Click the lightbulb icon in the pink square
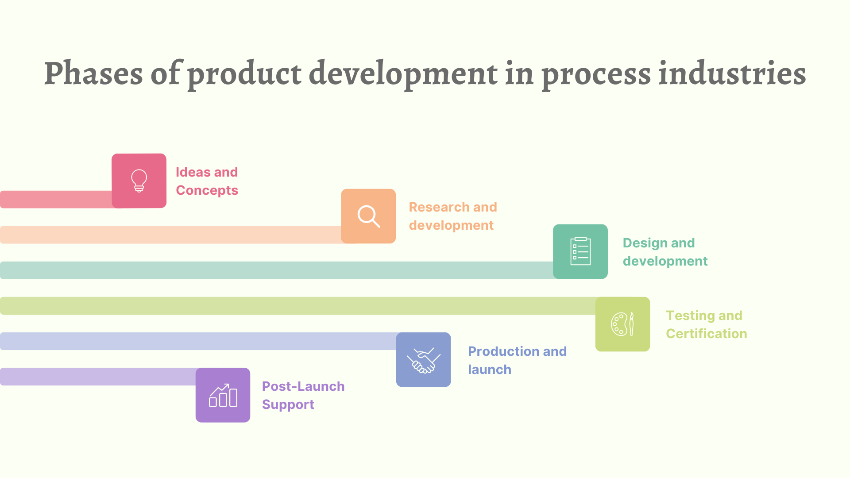pyautogui.click(x=139, y=181)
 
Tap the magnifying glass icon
pyautogui.click(x=368, y=216)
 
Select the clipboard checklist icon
pyautogui.click(x=580, y=251)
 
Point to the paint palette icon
pyautogui.click(x=622, y=324)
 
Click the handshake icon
pyautogui.click(x=423, y=360)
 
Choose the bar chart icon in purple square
pyautogui.click(x=223, y=395)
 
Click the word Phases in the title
pyautogui.click(x=93, y=73)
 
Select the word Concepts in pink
pyautogui.click(x=207, y=190)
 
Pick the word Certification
pyautogui.click(x=706, y=334)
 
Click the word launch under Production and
pyautogui.click(x=489, y=370)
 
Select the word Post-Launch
pyautogui.click(x=303, y=386)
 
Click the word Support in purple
pyautogui.click(x=288, y=405)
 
